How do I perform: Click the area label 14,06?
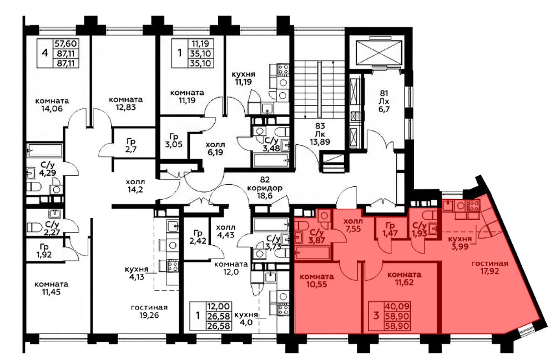tap(52, 109)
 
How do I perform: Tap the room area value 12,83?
tap(125, 108)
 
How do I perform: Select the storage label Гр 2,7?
tap(130, 145)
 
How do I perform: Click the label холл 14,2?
tap(135, 186)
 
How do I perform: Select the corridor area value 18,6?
tap(265, 196)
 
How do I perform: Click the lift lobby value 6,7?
tap(384, 110)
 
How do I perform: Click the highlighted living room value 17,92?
tap(490, 271)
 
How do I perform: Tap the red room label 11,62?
tap(404, 282)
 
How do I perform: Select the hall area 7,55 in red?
tap(352, 229)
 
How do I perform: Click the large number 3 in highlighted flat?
tap(376, 315)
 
